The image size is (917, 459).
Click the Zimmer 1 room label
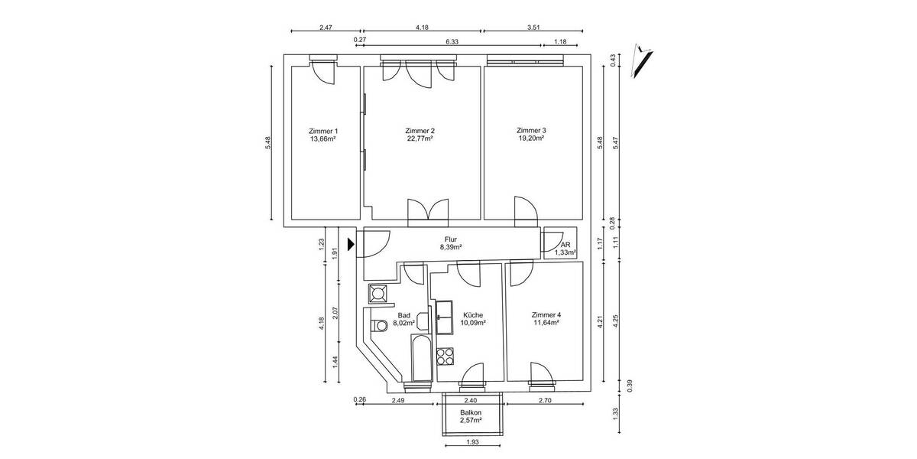coord(322,130)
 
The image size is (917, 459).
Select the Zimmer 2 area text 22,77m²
coord(420,139)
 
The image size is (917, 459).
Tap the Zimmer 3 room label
coord(531,130)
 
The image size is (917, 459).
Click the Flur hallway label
coord(451,239)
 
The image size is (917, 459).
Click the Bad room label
coord(403,314)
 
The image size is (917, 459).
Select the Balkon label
coord(471,412)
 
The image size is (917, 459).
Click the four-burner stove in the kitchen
coord(445,356)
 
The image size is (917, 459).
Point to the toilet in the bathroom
coord(378,327)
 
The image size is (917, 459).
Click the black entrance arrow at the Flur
coord(351,245)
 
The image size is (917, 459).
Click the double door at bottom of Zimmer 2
coord(426,211)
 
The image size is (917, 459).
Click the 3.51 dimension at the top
coord(534,28)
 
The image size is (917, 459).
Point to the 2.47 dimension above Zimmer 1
coord(325,28)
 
